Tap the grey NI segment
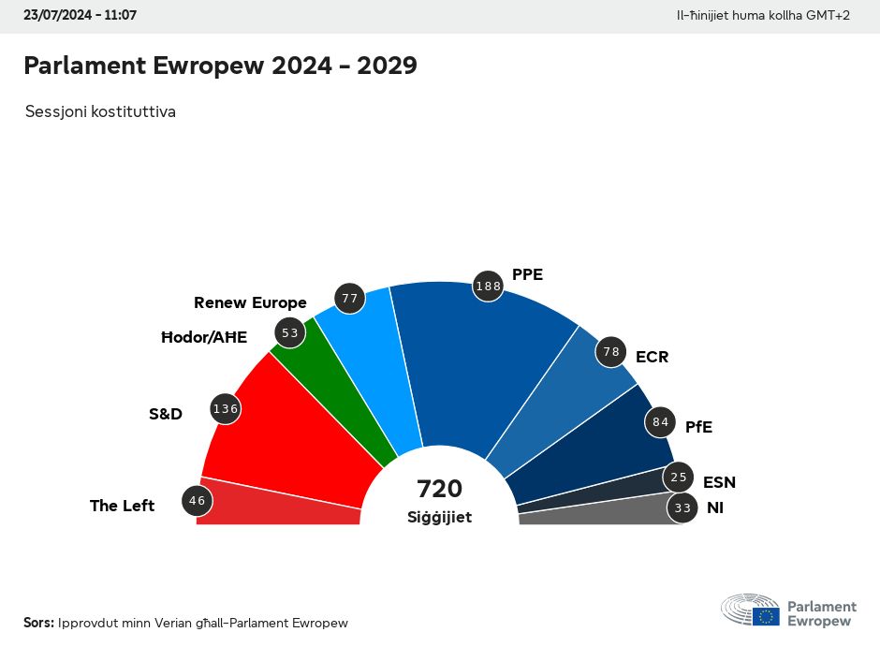599,512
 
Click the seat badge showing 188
489,287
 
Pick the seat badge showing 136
226,409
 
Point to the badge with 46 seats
197,501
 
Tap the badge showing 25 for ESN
679,478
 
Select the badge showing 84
661,422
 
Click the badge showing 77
350,300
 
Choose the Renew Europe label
250,302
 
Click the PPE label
527,274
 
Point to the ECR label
652,357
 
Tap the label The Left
122,506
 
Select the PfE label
698,427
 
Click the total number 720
440,489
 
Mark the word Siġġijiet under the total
440,517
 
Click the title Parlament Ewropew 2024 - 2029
220,66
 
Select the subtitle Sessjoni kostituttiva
100,111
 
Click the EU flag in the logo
766,615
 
